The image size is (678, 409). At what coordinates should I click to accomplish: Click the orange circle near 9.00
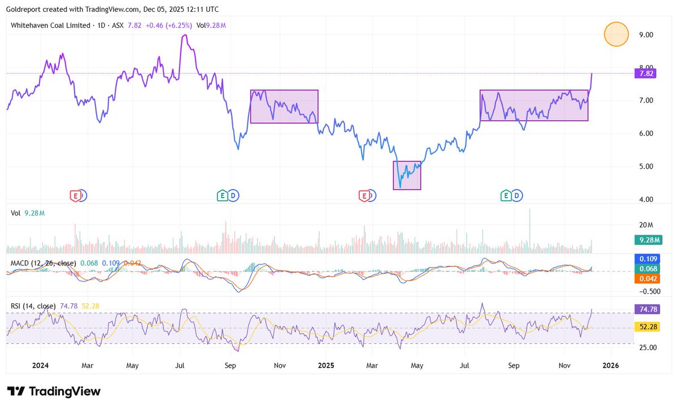[616, 34]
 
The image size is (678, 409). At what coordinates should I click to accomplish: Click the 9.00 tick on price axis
[646, 35]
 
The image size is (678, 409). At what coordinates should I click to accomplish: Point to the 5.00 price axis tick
[646, 166]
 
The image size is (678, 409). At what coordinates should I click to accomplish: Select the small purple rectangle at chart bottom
[407, 175]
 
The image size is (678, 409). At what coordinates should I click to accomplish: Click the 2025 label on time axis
[326, 365]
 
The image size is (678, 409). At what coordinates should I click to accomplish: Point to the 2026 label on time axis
[611, 365]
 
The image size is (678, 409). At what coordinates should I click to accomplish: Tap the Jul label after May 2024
[180, 365]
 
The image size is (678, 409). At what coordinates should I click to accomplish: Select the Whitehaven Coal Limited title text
[50, 25]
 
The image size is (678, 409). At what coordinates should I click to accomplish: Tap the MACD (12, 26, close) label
[43, 263]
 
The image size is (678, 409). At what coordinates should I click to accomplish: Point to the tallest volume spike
[530, 210]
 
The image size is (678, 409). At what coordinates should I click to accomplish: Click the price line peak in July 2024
[184, 35]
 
